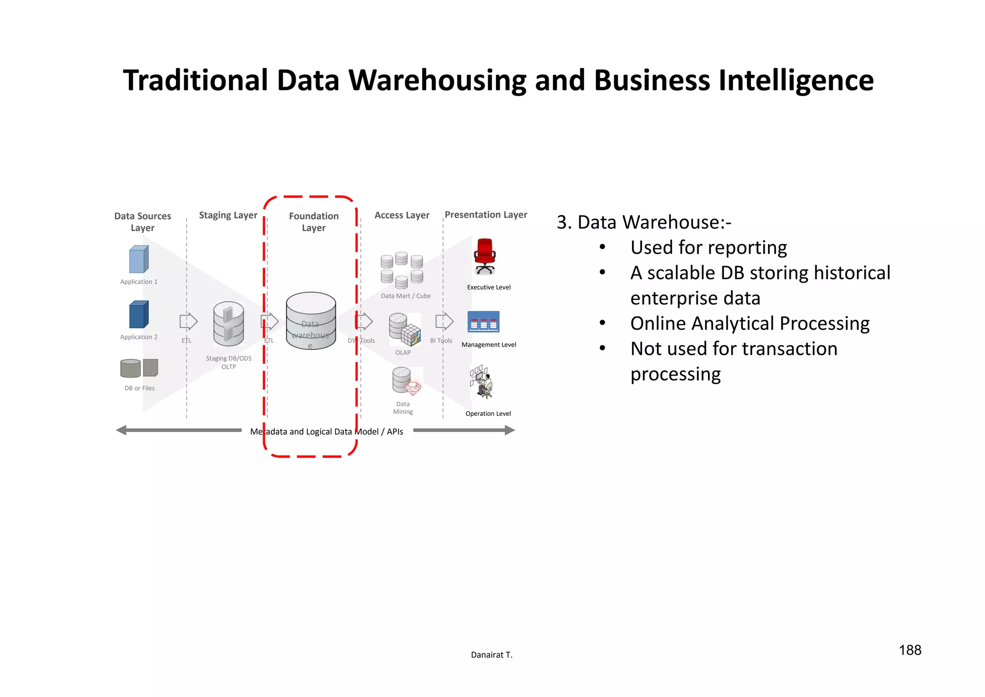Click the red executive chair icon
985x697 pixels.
pyautogui.click(x=485, y=256)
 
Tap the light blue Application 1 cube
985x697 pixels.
pyautogui.click(x=139, y=259)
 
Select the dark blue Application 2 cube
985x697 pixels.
pyautogui.click(x=139, y=315)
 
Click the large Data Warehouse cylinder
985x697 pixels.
pyautogui.click(x=311, y=320)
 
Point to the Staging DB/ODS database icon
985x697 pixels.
pyautogui.click(x=228, y=323)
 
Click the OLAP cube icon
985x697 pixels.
pyautogui.click(x=404, y=330)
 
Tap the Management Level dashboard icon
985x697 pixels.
pyautogui.click(x=483, y=322)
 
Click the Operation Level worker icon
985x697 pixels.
pyautogui.click(x=482, y=382)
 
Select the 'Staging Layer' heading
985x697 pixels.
pyautogui.click(x=228, y=215)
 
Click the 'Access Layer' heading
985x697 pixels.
pyautogui.click(x=402, y=215)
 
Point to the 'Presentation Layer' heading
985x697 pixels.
pyautogui.click(x=486, y=215)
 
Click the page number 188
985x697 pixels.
pyautogui.click(x=910, y=650)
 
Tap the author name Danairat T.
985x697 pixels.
pyautogui.click(x=492, y=655)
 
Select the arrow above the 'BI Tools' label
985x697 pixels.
pyautogui.click(x=444, y=321)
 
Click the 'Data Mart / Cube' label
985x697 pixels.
pyautogui.click(x=405, y=296)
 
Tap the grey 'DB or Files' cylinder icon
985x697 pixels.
pyautogui.click(x=130, y=368)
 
